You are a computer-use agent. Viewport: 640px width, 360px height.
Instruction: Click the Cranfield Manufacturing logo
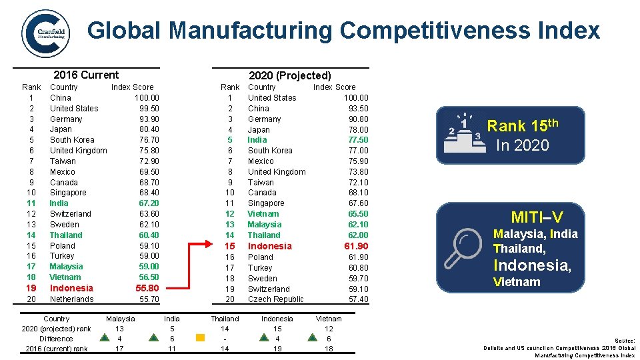[x=45, y=33]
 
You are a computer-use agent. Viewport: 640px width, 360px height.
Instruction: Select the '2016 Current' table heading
[x=86, y=75]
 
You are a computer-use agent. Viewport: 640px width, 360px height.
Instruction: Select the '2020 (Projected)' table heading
[x=289, y=76]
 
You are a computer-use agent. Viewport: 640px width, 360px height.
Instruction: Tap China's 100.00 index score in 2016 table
[x=146, y=98]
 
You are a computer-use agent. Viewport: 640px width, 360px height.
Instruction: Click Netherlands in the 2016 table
[x=71, y=299]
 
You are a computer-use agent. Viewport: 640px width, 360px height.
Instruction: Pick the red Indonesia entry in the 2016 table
[x=71, y=288]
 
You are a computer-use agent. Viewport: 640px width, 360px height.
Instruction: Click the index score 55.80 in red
[x=147, y=288]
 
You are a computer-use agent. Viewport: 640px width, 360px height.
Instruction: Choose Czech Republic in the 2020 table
[x=275, y=299]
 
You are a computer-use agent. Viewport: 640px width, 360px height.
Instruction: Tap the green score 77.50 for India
[x=357, y=140]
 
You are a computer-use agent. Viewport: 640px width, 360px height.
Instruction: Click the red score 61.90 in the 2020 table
[x=356, y=246]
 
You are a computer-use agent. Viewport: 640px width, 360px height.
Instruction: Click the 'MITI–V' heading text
[x=537, y=217]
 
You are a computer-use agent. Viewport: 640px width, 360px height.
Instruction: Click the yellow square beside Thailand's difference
[x=200, y=338]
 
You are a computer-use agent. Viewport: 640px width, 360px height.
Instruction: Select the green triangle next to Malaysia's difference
[x=104, y=338]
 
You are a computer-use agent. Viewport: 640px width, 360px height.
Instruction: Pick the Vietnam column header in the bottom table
[x=328, y=319]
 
